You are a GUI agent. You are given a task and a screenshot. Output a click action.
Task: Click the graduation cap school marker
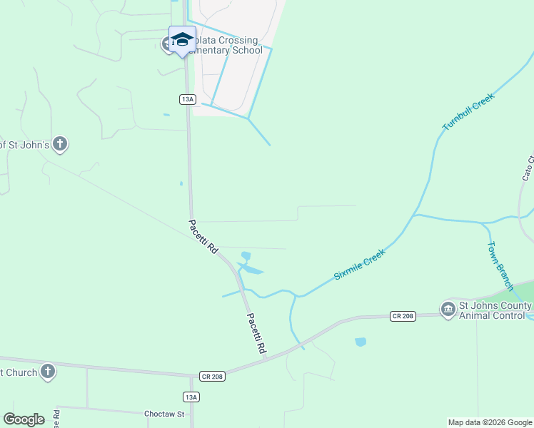(182, 39)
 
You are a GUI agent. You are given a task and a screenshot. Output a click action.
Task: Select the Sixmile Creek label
(360, 265)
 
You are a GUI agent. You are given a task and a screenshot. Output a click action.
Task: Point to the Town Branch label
(500, 265)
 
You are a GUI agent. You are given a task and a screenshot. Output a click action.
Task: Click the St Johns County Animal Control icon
(448, 308)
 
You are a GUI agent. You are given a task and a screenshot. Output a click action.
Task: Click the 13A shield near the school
(187, 99)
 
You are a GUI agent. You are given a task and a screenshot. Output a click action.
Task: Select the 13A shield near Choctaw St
(191, 397)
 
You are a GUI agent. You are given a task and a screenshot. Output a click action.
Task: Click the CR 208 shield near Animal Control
(403, 315)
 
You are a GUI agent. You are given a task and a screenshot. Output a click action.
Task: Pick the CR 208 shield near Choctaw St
(211, 376)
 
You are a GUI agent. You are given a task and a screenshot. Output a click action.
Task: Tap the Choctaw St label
(164, 414)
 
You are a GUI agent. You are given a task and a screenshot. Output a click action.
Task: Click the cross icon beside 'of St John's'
(61, 145)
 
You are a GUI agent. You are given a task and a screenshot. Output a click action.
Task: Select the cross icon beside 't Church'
(47, 371)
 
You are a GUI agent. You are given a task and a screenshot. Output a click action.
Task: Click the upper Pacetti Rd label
(203, 238)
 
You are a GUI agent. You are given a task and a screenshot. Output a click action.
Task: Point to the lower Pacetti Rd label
(256, 335)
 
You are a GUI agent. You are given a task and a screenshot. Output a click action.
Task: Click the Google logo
(24, 419)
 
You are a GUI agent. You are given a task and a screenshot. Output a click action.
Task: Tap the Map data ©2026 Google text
(489, 422)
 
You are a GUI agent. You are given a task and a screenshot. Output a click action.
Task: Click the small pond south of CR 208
(361, 342)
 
